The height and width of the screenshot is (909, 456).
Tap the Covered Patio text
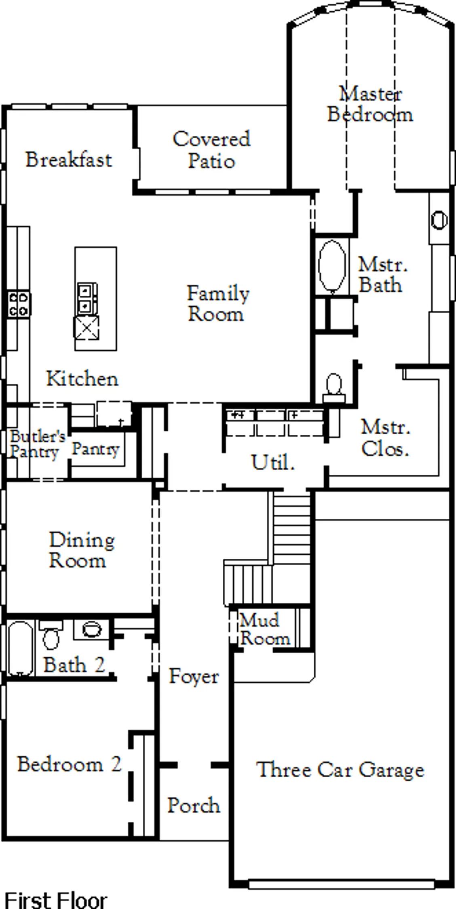211,149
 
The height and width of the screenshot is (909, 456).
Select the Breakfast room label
69,159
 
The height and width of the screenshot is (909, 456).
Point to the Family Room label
218,303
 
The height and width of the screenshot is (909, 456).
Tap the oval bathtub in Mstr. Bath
332,266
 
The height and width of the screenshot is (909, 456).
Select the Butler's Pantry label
37,444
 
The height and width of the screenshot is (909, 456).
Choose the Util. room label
273,462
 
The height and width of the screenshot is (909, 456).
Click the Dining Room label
82,550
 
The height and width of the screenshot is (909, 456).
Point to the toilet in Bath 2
51,635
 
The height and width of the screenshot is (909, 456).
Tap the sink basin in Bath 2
92,629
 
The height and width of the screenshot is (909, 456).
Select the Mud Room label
264,629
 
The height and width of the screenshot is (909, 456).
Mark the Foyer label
194,676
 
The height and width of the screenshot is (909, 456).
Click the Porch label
194,806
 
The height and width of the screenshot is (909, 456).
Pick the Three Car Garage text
340,769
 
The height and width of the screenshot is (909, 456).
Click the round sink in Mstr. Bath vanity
439,220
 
